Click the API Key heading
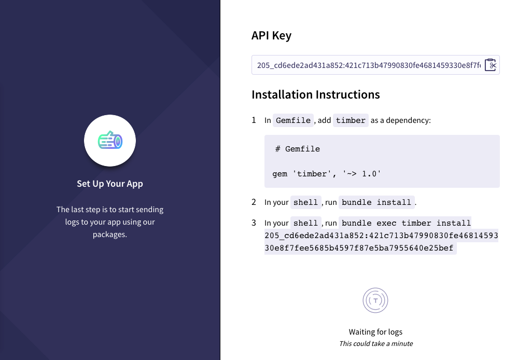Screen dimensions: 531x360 coord(271,36)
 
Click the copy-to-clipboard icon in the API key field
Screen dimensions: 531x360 coord(491,65)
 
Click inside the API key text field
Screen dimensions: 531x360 coord(369,65)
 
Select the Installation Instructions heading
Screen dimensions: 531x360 coord(316,94)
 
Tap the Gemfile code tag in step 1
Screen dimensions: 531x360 coord(294,120)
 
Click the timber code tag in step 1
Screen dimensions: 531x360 coord(351,120)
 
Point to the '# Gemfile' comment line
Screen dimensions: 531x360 coord(297,149)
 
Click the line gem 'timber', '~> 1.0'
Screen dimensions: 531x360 coord(327,174)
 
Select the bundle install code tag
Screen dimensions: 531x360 coord(376,202)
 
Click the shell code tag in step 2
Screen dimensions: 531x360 coord(305,202)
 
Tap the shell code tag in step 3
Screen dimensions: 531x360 coord(305,223)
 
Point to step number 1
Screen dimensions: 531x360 coord(254,120)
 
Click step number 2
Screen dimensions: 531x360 coord(254,202)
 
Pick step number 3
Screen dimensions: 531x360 coord(254,223)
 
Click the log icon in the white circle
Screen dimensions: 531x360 coord(110,140)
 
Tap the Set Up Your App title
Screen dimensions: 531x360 coord(110,184)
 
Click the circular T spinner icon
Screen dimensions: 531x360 coord(375,300)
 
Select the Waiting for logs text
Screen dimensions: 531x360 coord(375,332)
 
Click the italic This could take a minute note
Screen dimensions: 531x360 coord(376,344)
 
